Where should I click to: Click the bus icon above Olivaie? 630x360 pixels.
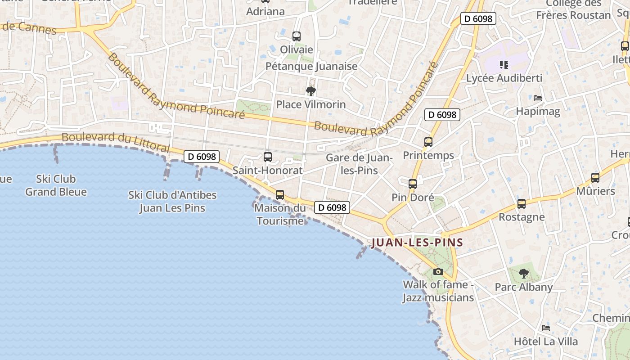click(296, 36)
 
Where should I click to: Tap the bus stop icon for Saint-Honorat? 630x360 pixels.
click(268, 157)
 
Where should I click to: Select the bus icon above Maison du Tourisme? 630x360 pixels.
click(280, 195)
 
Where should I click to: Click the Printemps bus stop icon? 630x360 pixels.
click(428, 142)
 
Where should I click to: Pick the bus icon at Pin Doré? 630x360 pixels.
click(413, 184)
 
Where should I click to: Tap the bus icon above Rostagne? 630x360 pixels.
click(522, 204)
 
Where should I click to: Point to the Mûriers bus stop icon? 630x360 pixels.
click(595, 178)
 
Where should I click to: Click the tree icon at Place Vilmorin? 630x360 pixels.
click(310, 92)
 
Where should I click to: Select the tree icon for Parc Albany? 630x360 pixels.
click(523, 273)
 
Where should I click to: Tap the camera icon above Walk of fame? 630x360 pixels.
click(438, 271)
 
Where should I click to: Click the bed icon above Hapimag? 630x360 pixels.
click(538, 98)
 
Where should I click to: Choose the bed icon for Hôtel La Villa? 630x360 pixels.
click(546, 328)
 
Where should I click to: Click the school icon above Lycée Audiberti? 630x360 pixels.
click(504, 65)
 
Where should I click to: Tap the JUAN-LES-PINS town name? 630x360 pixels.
click(417, 243)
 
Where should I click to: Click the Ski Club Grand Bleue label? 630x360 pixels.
click(56, 185)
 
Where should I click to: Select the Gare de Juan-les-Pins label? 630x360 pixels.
click(359, 164)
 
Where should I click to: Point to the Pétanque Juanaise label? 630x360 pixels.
click(311, 66)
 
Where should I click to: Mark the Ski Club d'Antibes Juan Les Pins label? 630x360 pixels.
click(172, 202)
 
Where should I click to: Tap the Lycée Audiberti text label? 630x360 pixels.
click(504, 78)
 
